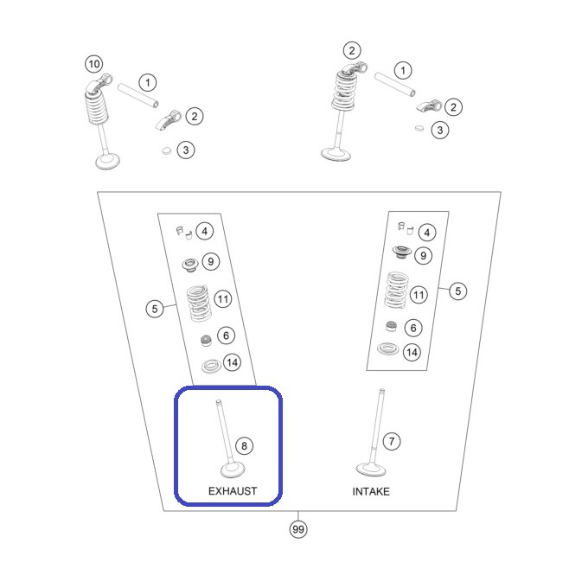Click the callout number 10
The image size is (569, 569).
[x=94, y=64]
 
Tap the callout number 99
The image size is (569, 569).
[x=298, y=529]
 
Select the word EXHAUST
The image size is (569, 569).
[x=233, y=491]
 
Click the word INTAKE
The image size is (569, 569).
[x=371, y=491]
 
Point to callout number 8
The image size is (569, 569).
[x=244, y=445]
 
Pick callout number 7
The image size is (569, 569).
[x=392, y=441]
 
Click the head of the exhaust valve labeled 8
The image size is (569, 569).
[x=233, y=470]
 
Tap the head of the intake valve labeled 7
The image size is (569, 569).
[x=371, y=469]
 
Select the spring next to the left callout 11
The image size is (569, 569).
[x=199, y=304]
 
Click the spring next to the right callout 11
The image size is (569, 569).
[x=396, y=291]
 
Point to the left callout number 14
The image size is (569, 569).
[x=233, y=362]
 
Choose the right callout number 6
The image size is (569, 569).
[x=413, y=328]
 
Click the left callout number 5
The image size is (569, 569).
[x=155, y=309]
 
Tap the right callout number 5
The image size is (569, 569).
[x=458, y=291]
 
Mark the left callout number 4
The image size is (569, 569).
[x=205, y=231]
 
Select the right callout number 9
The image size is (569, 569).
[x=423, y=256]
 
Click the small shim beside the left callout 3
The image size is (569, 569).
[x=167, y=150]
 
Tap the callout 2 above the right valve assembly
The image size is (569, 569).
[x=352, y=50]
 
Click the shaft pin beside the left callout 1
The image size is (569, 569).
[x=137, y=95]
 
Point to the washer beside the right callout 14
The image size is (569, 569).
[x=388, y=348]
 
